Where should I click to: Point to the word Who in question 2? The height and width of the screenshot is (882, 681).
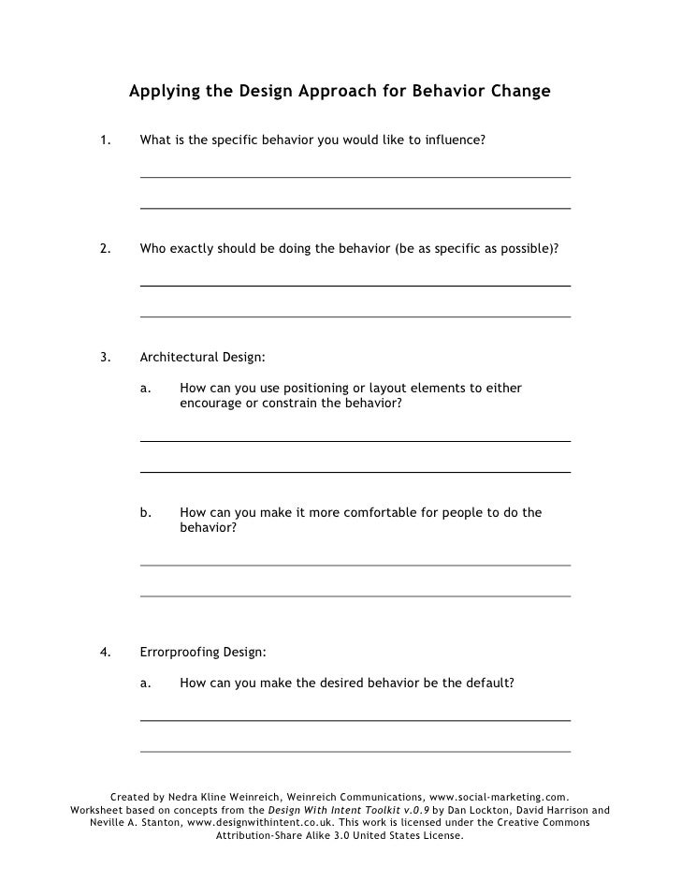pyautogui.click(x=152, y=250)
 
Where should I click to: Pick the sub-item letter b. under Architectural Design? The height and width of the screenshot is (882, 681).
pyautogui.click(x=146, y=512)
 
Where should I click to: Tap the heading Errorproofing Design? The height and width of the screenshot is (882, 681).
pyautogui.click(x=202, y=652)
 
